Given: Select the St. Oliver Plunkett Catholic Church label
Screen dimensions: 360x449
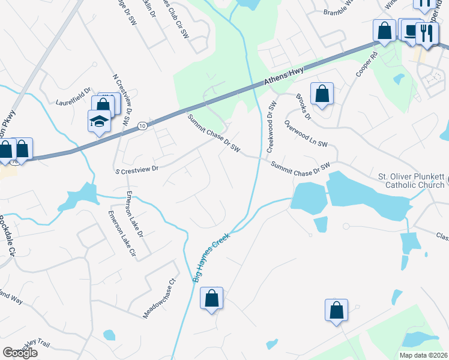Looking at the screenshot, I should point(411,181).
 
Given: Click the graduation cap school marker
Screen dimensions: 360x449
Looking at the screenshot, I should point(99,122).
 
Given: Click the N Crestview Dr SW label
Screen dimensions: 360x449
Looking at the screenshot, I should point(122,99).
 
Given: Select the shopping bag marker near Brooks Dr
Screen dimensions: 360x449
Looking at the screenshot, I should point(322,94).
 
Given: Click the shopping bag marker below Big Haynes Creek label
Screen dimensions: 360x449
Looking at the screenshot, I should point(211,298).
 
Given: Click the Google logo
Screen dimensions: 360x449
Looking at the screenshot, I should point(20,353).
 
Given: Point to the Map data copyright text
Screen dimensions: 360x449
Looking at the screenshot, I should point(424,355).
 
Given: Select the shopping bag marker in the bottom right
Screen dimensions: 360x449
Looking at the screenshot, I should point(337,310).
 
